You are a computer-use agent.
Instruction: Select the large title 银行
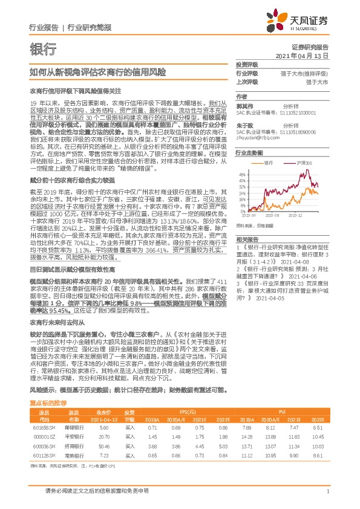coord(43,48)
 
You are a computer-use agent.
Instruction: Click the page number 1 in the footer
coord(327,491)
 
